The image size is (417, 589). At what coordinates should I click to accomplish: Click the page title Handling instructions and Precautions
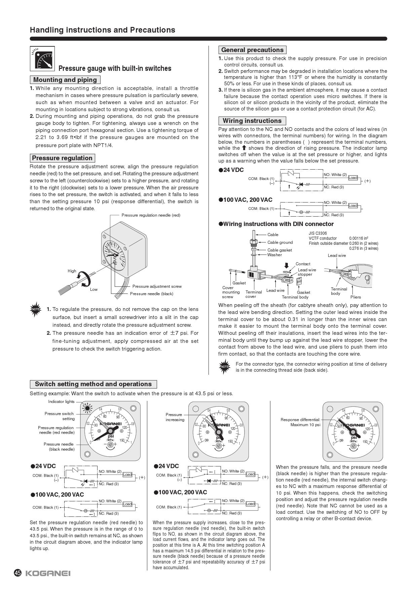(102, 30)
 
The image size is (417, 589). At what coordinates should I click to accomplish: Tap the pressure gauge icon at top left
(42, 59)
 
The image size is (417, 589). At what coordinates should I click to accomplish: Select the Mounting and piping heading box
(65, 80)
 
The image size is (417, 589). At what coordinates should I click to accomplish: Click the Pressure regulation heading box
(62, 158)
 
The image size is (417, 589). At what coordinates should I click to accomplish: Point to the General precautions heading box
(252, 50)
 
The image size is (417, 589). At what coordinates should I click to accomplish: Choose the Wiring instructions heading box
(252, 121)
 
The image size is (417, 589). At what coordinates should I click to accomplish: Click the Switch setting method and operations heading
(93, 384)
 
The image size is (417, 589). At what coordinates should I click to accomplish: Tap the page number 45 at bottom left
(17, 573)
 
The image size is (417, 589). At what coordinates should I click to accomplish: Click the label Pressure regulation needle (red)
(151, 215)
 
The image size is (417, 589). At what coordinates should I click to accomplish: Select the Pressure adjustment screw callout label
(157, 286)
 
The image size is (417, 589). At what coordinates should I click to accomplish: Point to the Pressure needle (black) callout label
(151, 294)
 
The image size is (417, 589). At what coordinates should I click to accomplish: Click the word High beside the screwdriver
(72, 271)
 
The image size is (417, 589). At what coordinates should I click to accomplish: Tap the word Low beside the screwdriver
(94, 289)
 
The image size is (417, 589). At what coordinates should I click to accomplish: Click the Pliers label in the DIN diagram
(355, 297)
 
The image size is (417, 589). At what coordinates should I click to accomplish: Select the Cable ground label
(280, 242)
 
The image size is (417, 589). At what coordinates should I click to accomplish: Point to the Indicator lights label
(61, 402)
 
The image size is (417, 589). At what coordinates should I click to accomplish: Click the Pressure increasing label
(175, 417)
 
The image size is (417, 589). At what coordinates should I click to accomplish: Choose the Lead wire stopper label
(307, 272)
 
